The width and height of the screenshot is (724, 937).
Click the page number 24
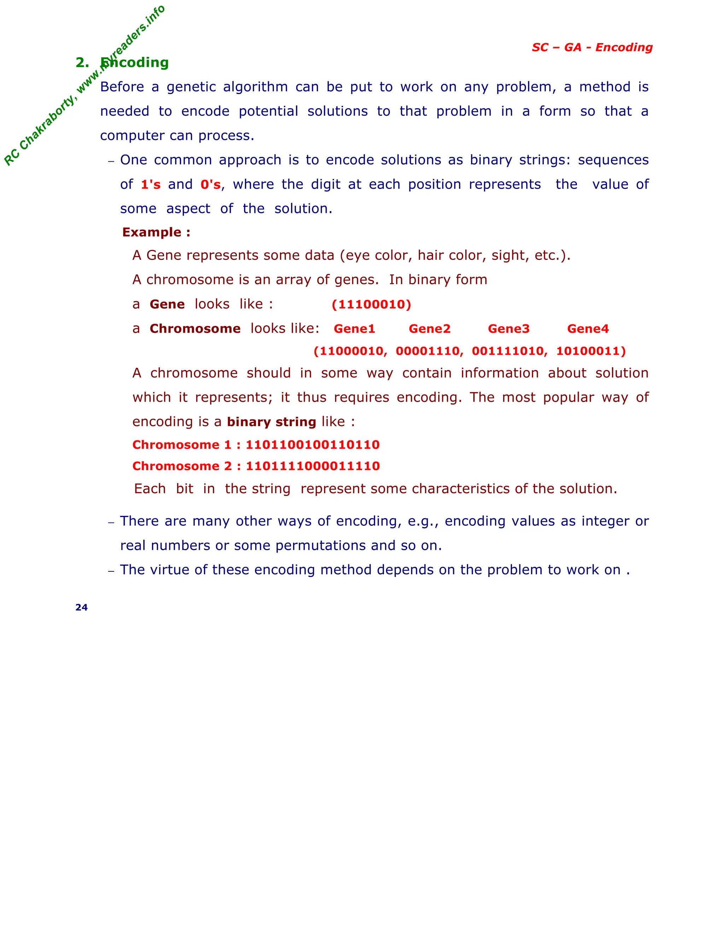point(82,607)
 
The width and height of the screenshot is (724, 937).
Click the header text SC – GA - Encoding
point(592,47)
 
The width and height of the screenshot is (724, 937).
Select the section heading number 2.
point(82,63)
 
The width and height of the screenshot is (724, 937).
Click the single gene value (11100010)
point(372,304)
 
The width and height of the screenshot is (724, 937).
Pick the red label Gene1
point(354,328)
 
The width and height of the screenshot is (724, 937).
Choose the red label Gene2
point(429,328)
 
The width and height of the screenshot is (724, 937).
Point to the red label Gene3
point(509,328)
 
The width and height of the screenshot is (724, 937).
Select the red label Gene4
point(588,328)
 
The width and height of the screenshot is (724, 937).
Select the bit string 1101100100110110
point(313,444)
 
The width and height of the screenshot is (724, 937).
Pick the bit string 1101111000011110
point(313,466)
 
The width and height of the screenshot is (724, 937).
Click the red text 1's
point(151,185)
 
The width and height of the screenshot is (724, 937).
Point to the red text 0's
point(211,185)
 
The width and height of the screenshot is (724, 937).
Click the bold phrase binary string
point(271,422)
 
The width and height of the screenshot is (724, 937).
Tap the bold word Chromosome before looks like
point(195,328)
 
